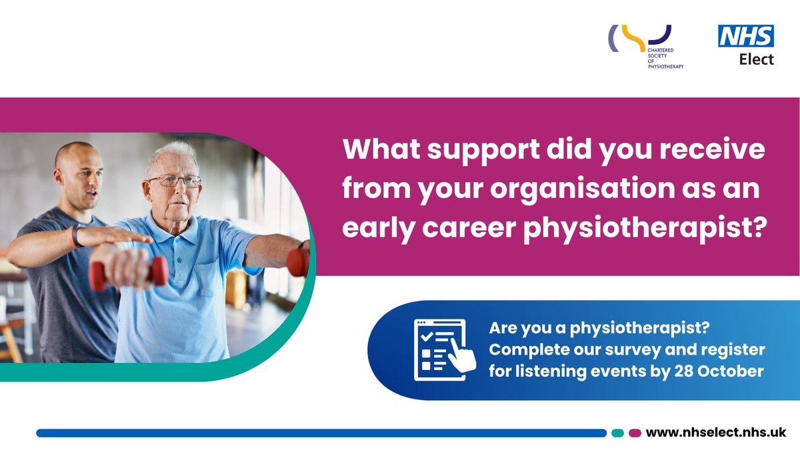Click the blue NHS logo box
[x=746, y=36]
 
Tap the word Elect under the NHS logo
[x=757, y=59]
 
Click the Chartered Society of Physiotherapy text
[x=666, y=58]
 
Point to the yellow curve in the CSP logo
[x=633, y=38]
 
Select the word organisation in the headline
[x=583, y=189]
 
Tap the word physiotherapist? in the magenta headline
[x=645, y=228]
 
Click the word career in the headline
[x=469, y=228]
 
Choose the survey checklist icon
[x=445, y=350]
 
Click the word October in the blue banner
[x=731, y=371]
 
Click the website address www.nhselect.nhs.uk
[x=716, y=433]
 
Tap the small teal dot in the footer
[x=617, y=433]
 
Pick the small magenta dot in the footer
[x=635, y=433]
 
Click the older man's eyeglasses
[x=175, y=181]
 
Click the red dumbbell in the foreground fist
[x=129, y=273]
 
